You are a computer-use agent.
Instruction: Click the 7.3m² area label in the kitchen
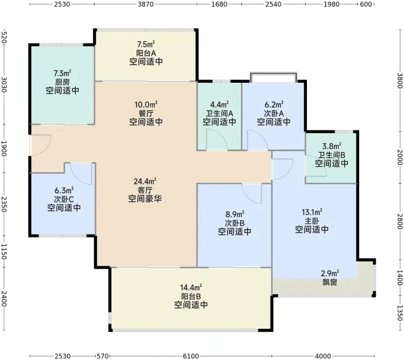62,73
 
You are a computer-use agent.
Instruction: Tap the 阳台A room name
146,53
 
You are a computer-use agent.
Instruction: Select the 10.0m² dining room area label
146,104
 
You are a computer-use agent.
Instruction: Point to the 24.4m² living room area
145,182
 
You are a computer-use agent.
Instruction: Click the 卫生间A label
219,113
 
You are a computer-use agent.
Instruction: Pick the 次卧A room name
274,113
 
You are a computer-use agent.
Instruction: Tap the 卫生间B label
331,155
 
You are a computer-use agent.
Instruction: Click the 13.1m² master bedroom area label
312,212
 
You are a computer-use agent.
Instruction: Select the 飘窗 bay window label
330,283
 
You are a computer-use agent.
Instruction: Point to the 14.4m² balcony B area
191,287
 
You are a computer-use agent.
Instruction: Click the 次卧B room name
235,223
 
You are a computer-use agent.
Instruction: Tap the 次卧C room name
64,199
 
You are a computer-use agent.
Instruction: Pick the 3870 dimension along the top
146,4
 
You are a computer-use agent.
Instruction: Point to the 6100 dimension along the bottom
191,356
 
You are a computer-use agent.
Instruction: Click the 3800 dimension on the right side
399,81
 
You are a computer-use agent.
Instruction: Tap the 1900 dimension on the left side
4,149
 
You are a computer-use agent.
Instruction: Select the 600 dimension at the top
366,4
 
